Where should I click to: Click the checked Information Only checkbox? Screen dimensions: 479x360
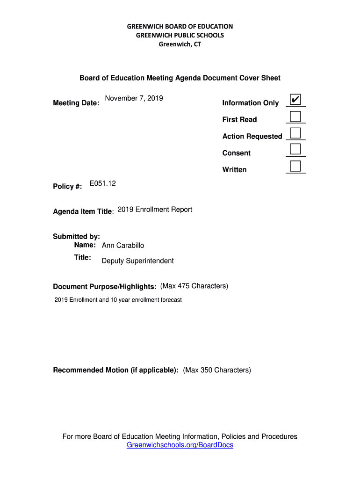295,100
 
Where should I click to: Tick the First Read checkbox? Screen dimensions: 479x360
295,116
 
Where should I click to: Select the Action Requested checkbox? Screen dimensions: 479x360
295,133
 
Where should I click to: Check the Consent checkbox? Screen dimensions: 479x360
295,149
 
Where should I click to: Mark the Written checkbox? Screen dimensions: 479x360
295,166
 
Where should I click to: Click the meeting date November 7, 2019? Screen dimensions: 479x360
134,98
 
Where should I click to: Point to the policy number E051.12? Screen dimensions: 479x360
102,184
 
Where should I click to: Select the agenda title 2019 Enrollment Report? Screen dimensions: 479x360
155,210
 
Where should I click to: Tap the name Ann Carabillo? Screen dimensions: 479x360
123,246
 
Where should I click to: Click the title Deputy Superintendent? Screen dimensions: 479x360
137,261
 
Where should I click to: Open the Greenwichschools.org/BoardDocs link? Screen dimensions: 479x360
180,445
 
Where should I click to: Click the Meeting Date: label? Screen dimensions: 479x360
76,103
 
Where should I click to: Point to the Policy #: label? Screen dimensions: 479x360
67,187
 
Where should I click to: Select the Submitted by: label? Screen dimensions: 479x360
76,237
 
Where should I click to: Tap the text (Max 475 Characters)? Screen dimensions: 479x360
194,286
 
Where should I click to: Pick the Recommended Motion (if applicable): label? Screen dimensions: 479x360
115,370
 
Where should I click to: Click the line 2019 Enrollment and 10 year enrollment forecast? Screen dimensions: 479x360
118,300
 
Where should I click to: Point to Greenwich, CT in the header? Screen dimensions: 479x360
180,44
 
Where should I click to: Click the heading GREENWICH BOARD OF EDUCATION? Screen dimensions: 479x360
180,27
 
